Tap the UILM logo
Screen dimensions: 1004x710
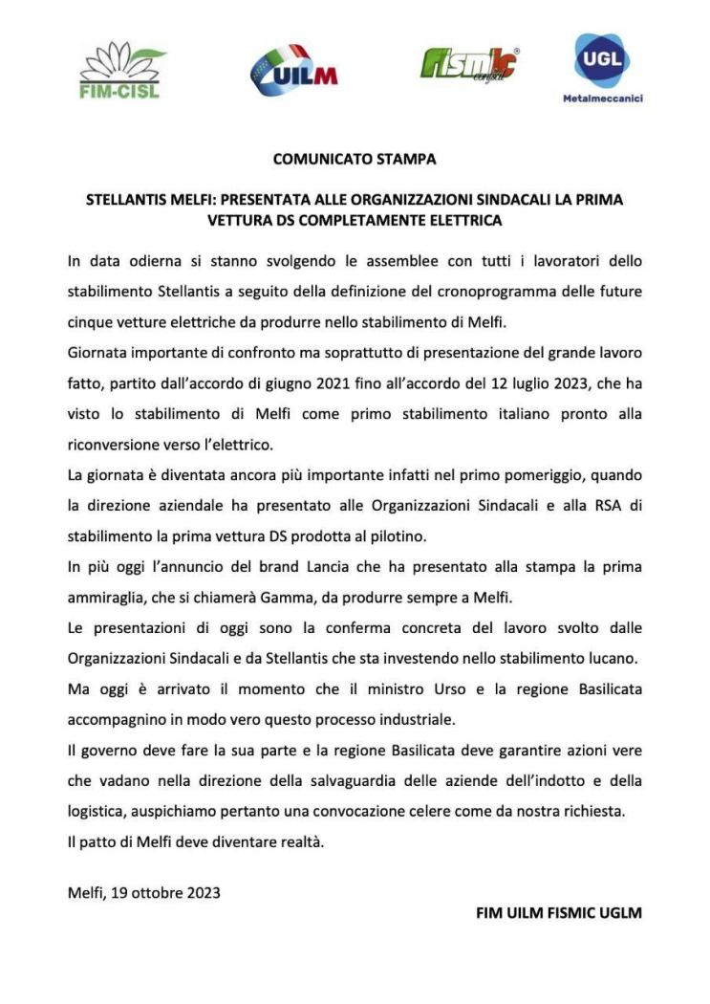tap(293, 70)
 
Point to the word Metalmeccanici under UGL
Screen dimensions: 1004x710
tap(602, 98)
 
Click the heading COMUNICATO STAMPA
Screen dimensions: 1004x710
tap(355, 159)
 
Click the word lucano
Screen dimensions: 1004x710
tap(613, 659)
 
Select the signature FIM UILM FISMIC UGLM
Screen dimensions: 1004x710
tap(558, 912)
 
